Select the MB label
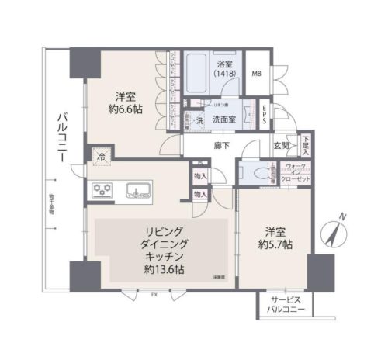pyautogui.click(x=256, y=74)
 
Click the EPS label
pyautogui.click(x=265, y=110)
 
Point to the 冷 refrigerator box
pyautogui.click(x=100, y=156)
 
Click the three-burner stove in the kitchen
pyautogui.click(x=103, y=189)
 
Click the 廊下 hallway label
pyautogui.click(x=220, y=144)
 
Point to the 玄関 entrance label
pyautogui.click(x=281, y=145)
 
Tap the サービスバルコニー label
pyautogui.click(x=282, y=305)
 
